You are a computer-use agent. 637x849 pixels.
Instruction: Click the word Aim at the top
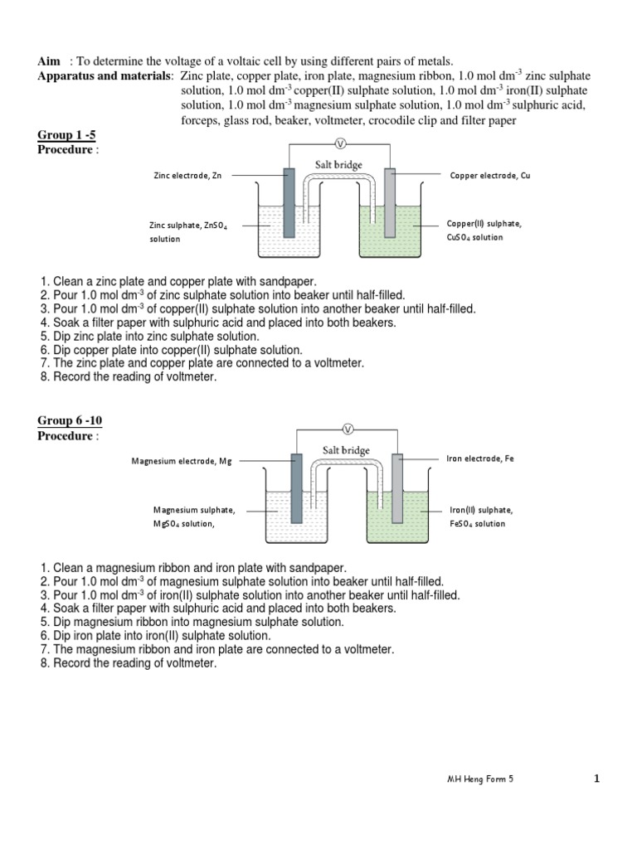click(x=50, y=61)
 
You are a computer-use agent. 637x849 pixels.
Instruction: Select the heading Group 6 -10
click(x=71, y=421)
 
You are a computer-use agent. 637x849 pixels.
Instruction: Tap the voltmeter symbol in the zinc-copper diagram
click(x=338, y=144)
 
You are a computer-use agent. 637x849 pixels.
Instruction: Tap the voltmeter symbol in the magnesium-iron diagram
click(x=348, y=429)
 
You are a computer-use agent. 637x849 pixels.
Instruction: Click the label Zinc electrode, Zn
click(x=188, y=176)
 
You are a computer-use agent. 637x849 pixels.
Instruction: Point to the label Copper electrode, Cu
click(x=489, y=176)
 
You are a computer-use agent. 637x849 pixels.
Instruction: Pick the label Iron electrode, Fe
click(x=480, y=458)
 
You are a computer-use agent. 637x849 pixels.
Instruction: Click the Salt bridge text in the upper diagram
click(x=338, y=165)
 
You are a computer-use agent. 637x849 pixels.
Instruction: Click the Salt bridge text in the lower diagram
click(x=347, y=449)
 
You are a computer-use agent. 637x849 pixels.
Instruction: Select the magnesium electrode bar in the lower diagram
click(x=297, y=489)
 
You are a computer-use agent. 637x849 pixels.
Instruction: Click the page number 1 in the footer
click(x=596, y=779)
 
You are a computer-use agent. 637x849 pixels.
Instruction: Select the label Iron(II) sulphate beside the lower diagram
click(x=481, y=510)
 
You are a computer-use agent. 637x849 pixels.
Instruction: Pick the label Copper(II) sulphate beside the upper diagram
click(x=484, y=224)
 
